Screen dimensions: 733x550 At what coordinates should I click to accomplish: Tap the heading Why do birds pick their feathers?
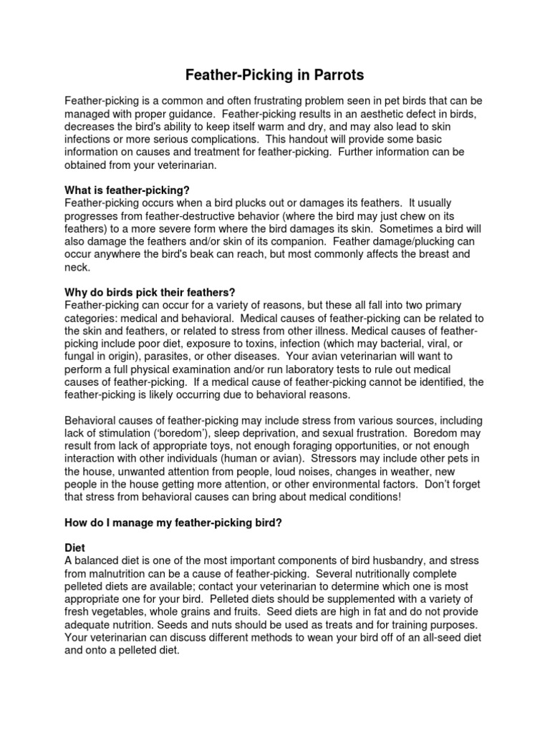150,292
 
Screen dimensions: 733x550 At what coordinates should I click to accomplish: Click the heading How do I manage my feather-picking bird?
173,523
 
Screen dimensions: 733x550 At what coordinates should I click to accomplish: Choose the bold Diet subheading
75,548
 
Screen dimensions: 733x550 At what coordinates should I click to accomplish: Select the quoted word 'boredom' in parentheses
172,433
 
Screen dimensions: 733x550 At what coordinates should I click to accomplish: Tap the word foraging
257,446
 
